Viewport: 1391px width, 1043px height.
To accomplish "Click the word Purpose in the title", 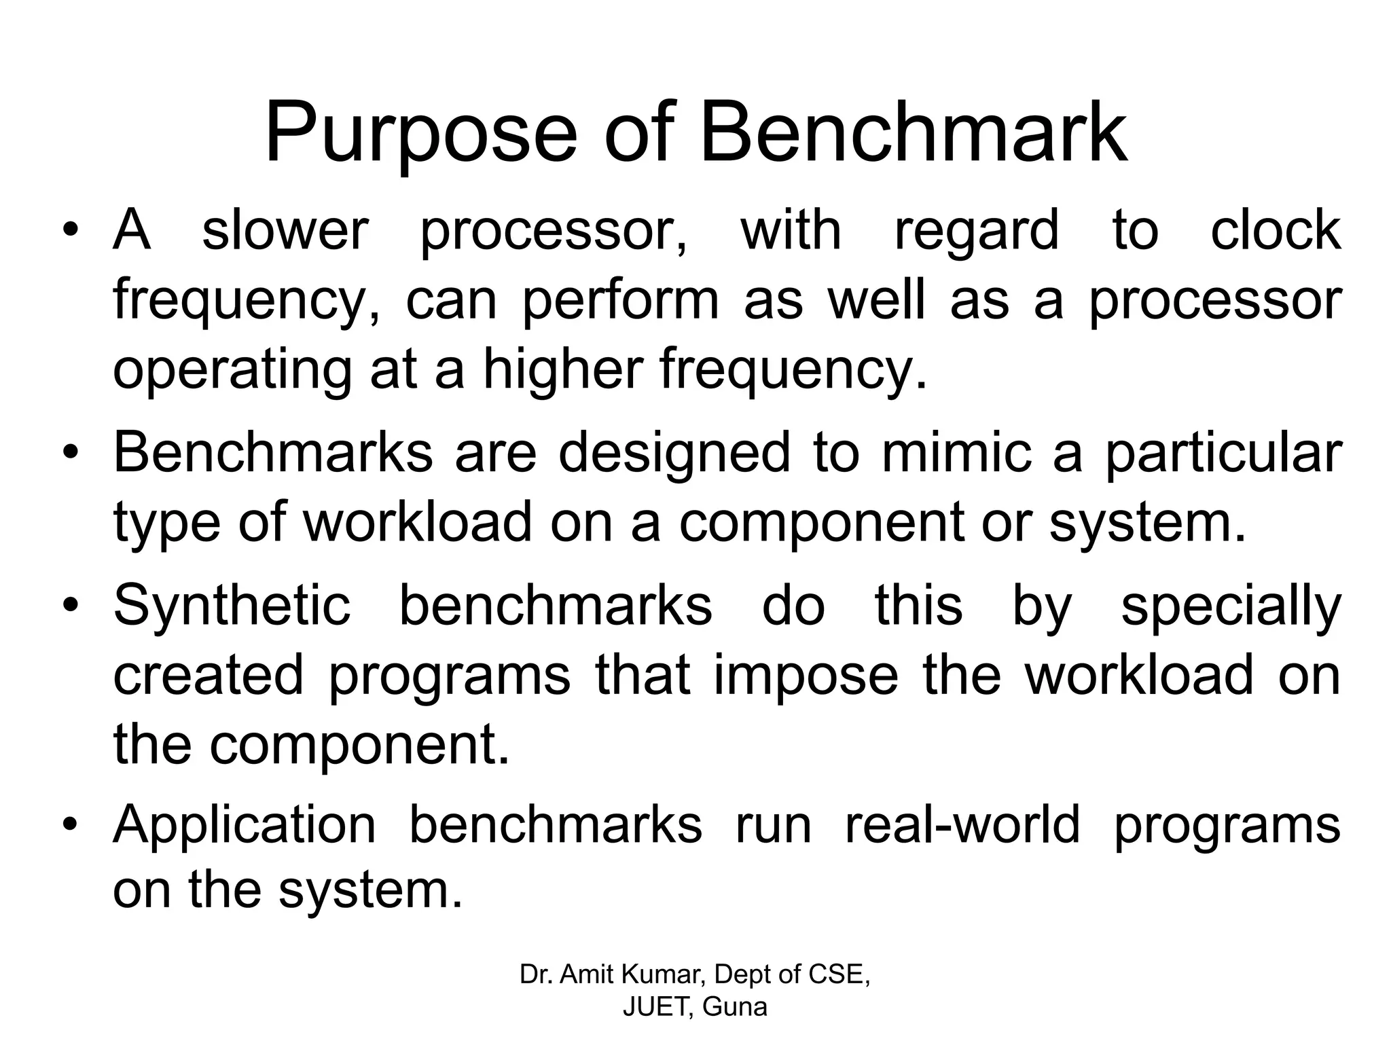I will (x=420, y=133).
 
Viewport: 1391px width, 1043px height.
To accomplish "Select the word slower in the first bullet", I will (x=285, y=230).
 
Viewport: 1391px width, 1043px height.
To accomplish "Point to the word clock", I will (x=1276, y=230).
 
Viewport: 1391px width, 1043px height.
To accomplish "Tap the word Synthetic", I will (x=232, y=605).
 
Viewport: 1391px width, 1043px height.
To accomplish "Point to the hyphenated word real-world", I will (x=962, y=825).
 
